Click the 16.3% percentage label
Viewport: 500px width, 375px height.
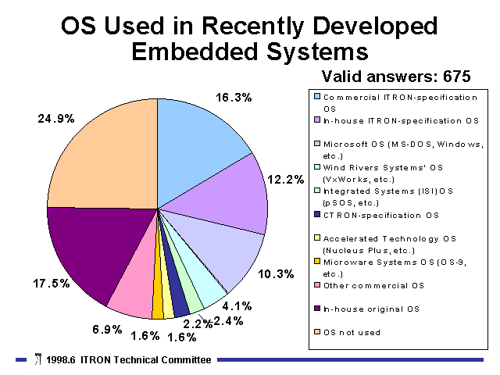[x=234, y=98]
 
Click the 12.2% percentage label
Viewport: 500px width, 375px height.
[x=286, y=180]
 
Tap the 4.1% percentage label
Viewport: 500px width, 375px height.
[x=237, y=306]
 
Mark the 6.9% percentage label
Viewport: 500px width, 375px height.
[x=107, y=329]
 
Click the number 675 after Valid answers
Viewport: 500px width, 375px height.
[x=456, y=77]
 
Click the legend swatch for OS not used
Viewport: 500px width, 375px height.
[x=317, y=331]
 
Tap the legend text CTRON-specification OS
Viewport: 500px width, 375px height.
[x=381, y=216]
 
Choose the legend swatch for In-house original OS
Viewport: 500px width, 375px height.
[x=317, y=309]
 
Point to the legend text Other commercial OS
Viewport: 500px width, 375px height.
[x=373, y=286]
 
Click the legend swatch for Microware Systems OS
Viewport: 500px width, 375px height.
[x=317, y=262]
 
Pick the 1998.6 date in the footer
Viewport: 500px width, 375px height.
[x=61, y=360]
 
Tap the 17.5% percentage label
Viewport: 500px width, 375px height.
[x=51, y=283]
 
